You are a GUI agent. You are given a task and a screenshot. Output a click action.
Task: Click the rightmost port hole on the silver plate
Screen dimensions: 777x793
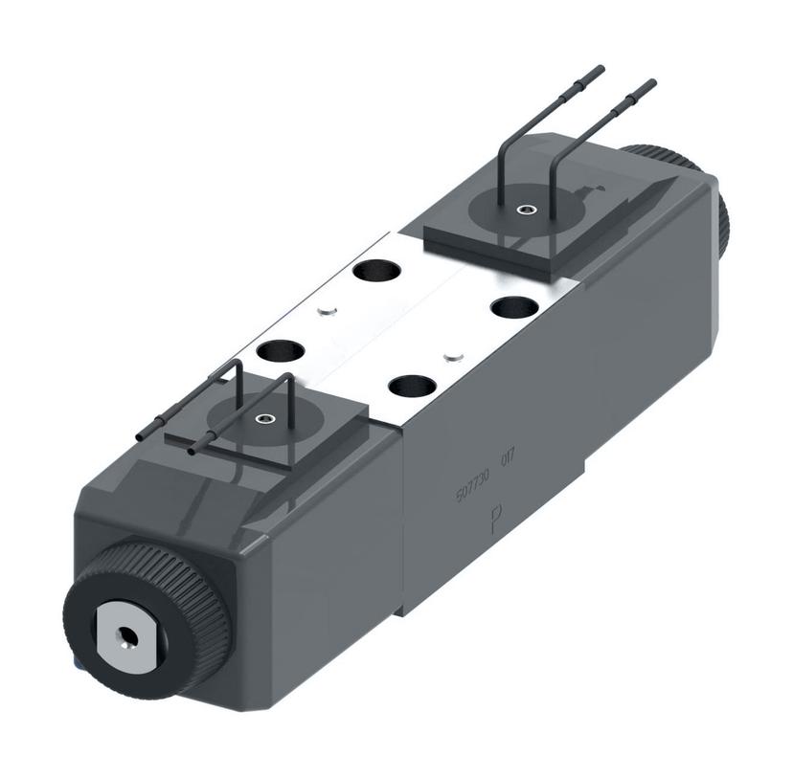[514, 308]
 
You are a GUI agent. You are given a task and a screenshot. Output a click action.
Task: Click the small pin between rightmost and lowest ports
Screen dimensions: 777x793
[455, 358]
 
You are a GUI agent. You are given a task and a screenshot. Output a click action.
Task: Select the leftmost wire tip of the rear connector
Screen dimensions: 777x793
[600, 69]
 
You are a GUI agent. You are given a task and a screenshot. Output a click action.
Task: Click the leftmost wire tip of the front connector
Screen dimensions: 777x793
[140, 436]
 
